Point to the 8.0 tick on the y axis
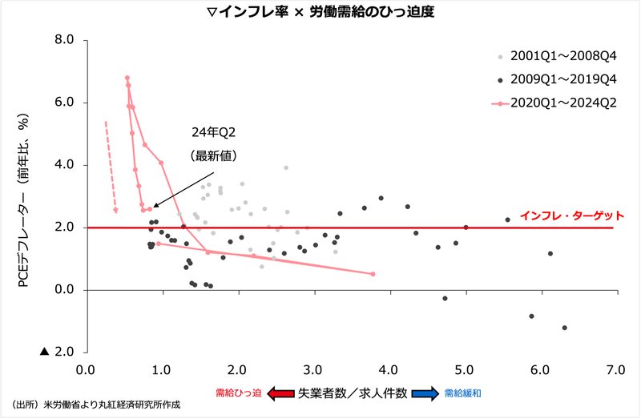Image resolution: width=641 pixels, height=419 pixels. pos(63,40)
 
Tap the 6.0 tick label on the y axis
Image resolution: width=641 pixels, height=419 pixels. pos(63,103)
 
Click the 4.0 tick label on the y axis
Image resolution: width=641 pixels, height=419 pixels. pos(63,165)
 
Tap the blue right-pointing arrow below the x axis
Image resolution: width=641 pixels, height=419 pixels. pos(423,393)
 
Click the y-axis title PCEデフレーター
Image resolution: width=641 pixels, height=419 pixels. pos(24,200)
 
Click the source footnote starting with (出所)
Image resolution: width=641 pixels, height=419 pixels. pos(95,405)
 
